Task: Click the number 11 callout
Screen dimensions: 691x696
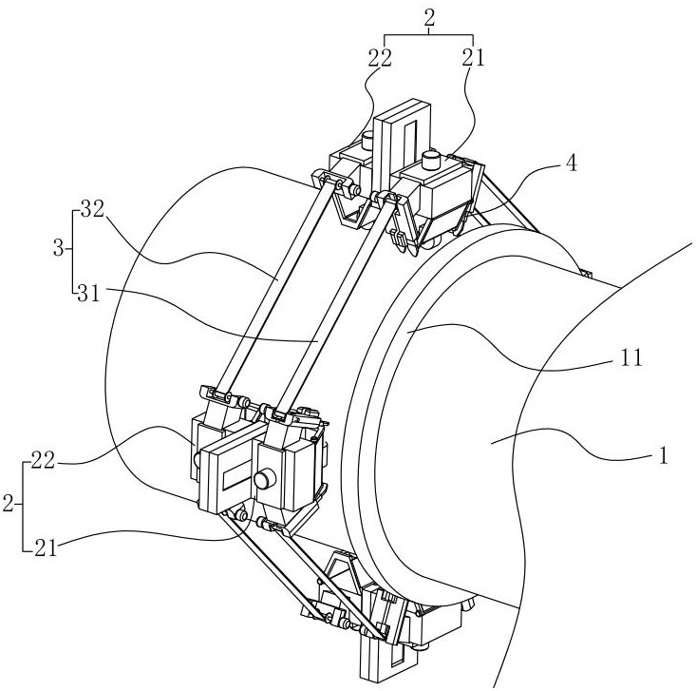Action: [632, 360]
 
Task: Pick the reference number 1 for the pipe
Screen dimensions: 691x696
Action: [664, 455]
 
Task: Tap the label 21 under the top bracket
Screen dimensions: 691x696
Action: [473, 58]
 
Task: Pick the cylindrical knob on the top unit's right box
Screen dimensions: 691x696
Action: [434, 157]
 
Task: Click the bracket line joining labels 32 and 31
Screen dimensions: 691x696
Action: [71, 252]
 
